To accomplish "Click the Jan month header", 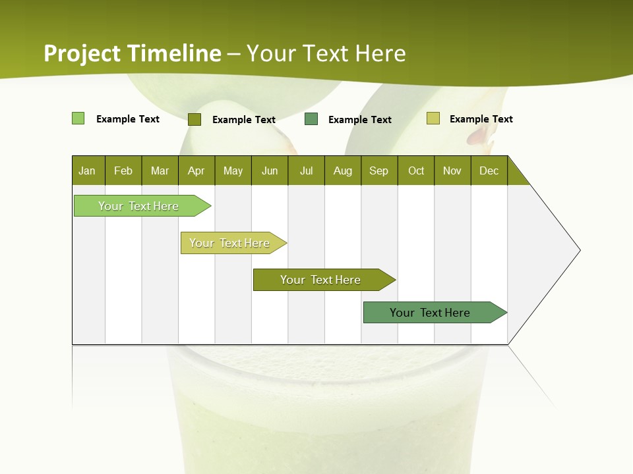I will point(88,171).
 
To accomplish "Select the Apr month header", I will point(196,171).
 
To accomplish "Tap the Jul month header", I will point(306,171).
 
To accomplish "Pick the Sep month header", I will point(379,171).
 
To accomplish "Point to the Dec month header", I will point(489,171).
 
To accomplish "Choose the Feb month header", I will point(123,171).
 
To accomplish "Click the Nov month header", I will point(452,171).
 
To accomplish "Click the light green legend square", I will point(78,118).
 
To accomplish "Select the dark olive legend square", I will point(194,119).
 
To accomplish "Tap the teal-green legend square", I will point(311,119).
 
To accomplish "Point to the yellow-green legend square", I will point(433,118).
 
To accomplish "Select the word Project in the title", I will point(82,53).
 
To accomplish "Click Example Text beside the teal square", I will point(360,120).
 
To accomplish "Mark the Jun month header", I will point(270,171).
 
